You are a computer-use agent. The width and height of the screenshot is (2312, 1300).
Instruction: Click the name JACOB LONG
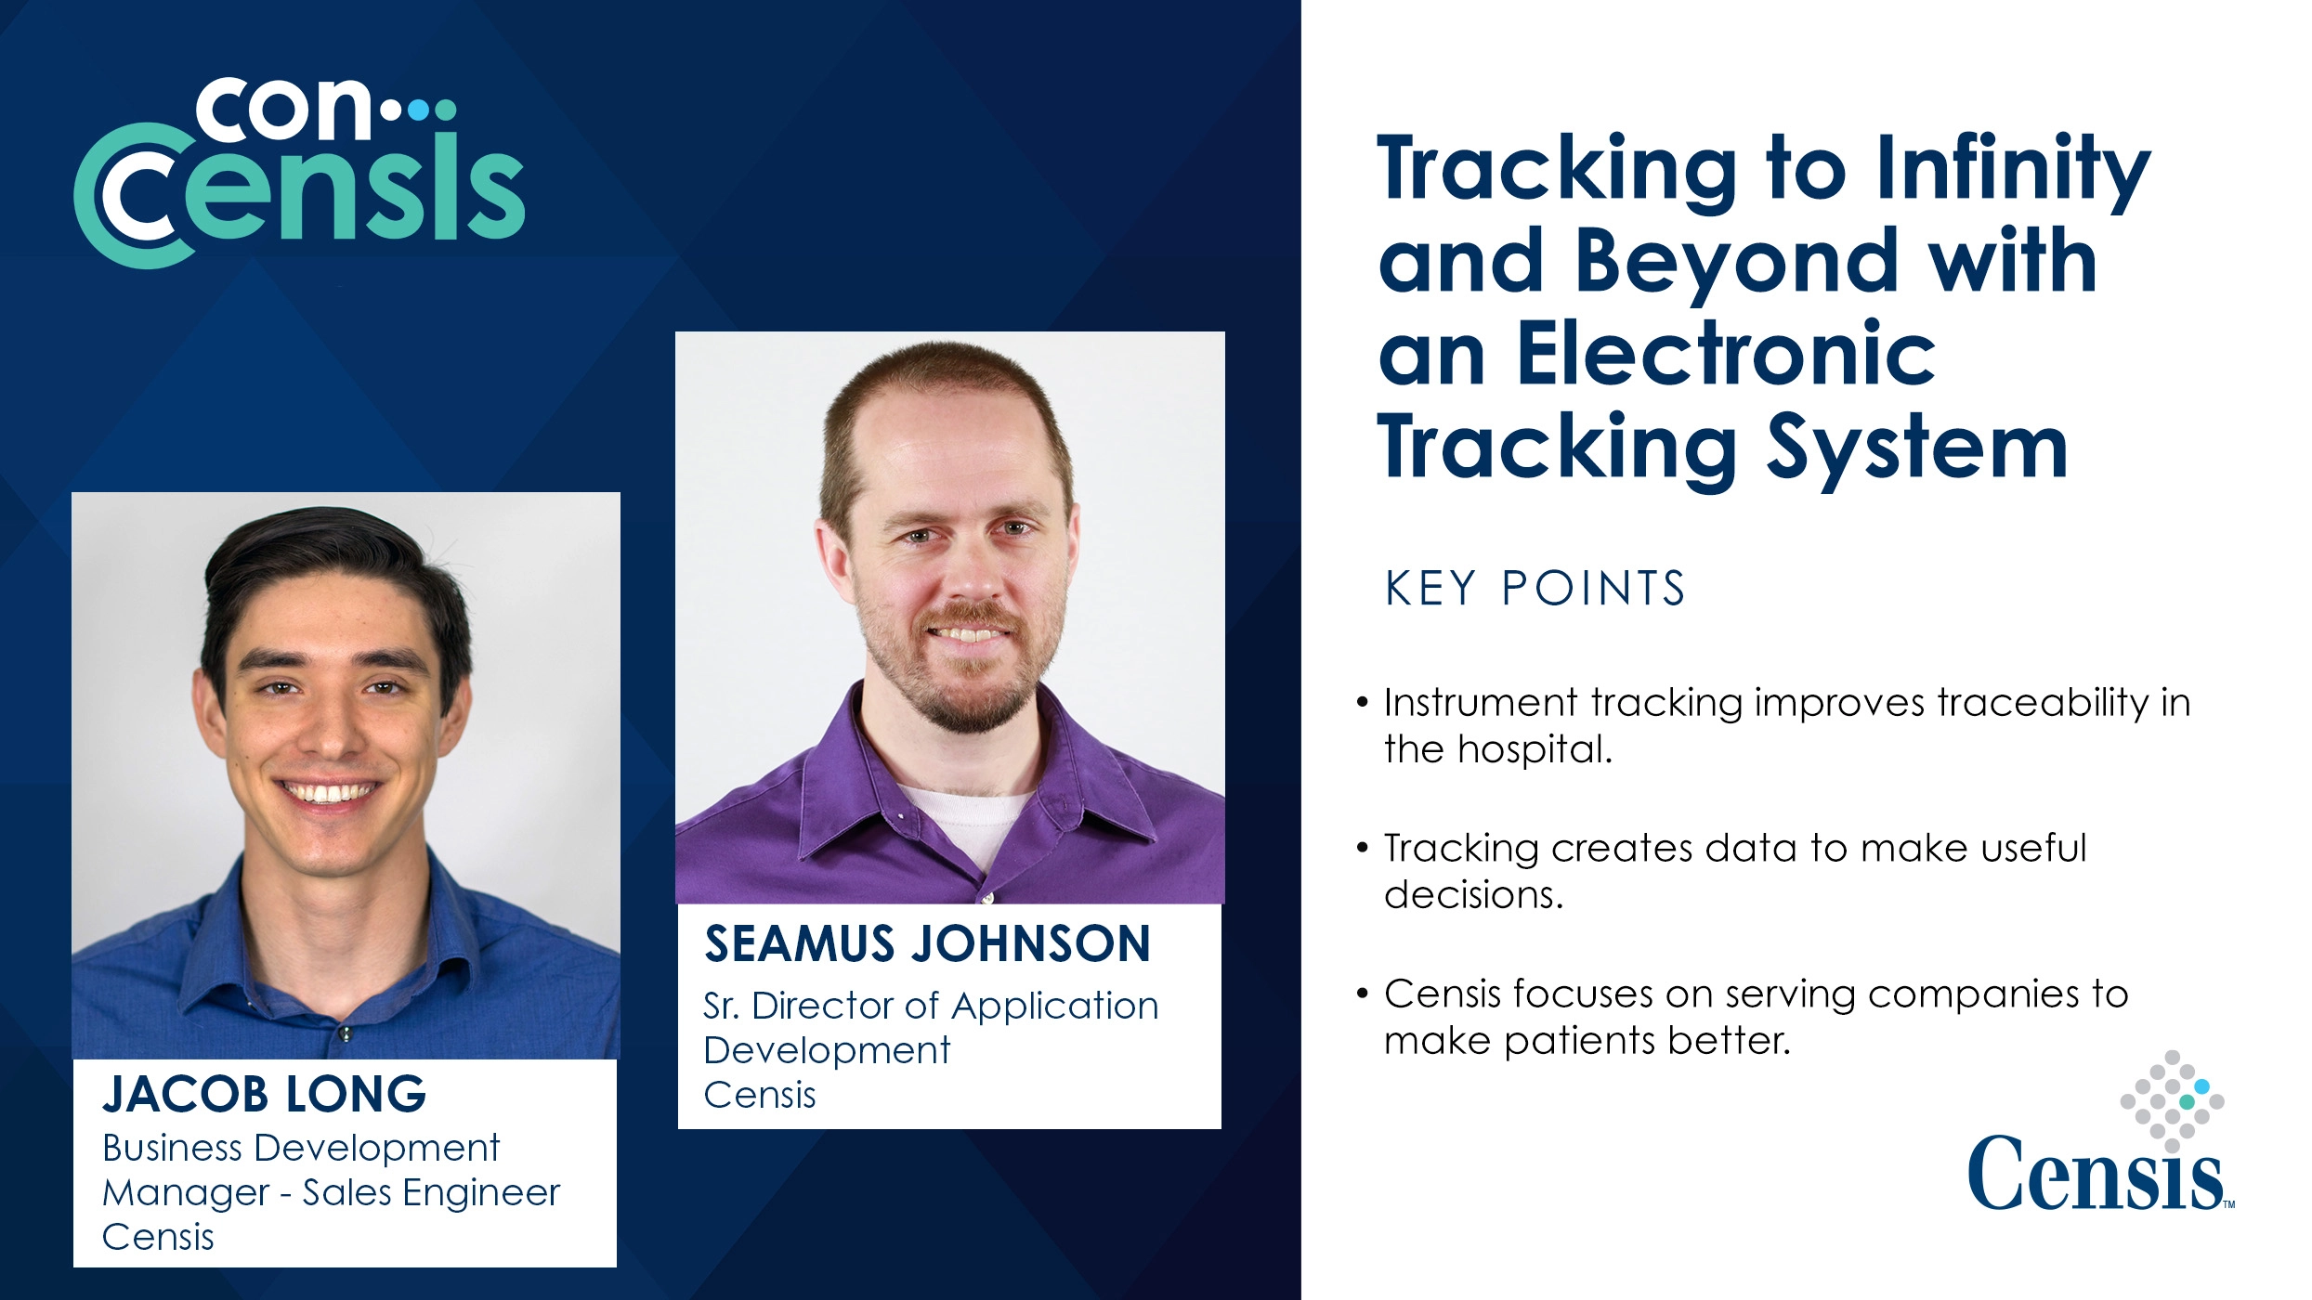point(265,1094)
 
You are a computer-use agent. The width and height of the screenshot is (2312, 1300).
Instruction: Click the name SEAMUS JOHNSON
point(928,943)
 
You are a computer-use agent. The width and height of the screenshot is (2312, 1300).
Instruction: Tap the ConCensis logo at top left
point(299,173)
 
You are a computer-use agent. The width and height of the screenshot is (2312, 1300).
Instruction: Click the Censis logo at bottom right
point(2101,1132)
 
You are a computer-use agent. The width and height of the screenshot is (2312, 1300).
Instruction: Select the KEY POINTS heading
point(1535,588)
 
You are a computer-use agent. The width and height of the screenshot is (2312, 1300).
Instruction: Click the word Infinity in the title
point(2013,171)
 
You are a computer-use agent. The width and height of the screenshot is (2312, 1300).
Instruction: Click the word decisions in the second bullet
point(1473,894)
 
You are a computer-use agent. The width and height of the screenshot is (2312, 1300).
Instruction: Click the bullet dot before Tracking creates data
point(1363,847)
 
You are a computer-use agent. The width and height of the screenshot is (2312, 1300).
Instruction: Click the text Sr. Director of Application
point(931,1007)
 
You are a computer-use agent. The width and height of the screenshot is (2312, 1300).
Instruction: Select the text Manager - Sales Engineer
point(331,1193)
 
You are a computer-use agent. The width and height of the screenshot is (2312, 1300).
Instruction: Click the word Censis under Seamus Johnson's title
point(760,1096)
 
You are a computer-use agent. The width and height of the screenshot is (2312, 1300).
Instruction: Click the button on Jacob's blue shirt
point(345,1033)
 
